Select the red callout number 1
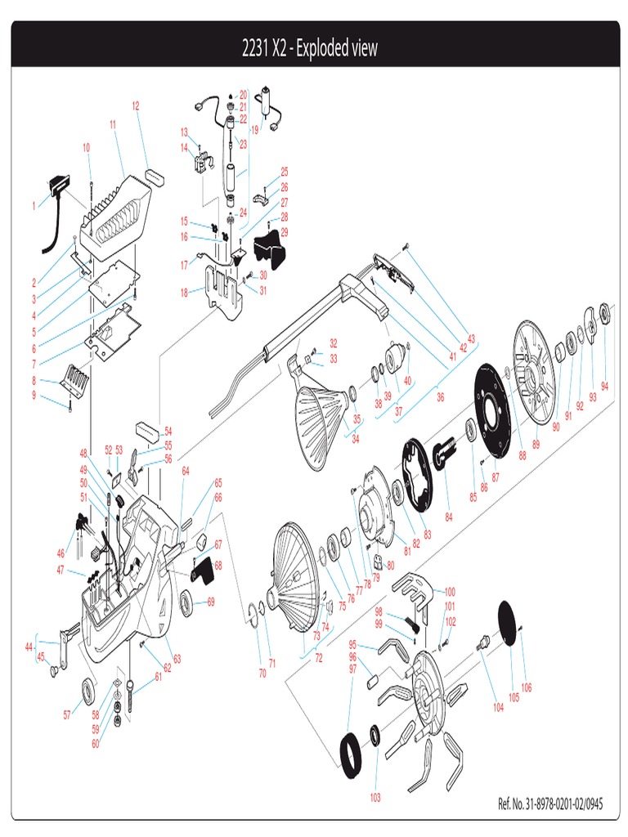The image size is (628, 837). tap(34, 206)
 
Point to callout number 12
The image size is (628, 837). tap(136, 105)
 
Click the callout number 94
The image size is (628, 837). tap(604, 386)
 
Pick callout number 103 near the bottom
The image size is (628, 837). tap(375, 797)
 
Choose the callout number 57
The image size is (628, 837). tap(68, 714)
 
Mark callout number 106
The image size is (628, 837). tap(526, 687)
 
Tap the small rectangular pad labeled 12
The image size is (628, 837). tap(153, 175)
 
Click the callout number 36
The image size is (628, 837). tap(440, 398)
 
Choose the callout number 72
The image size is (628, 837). tap(318, 657)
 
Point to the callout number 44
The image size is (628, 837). tap(29, 647)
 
